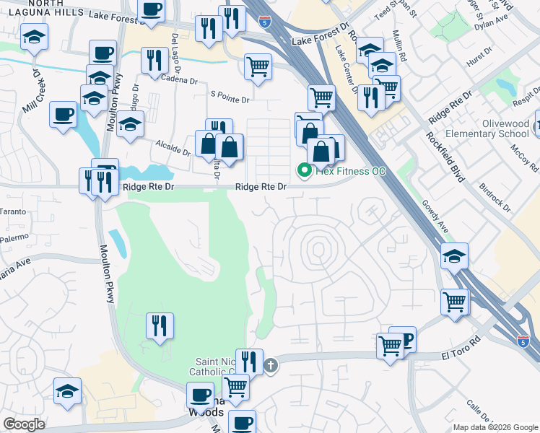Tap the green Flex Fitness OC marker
coord(304,171)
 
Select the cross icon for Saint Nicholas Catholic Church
coord(271,364)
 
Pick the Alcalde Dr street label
coord(173,147)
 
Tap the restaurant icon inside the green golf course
coord(159,325)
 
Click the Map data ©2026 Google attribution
coord(495,427)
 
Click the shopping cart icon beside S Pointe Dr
coord(258,66)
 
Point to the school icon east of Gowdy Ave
coord(454,255)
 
